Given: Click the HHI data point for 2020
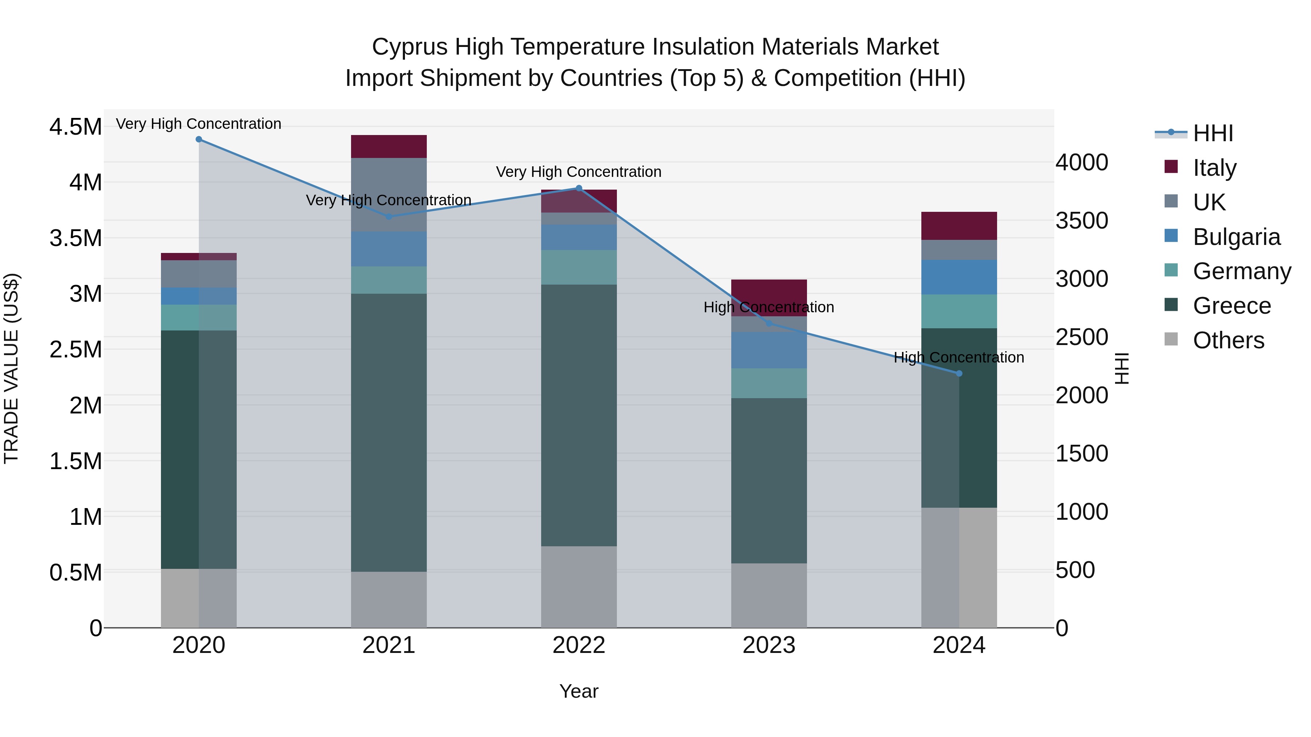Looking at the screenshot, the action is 198,139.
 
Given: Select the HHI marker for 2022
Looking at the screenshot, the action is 579,188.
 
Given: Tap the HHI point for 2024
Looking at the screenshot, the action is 959,373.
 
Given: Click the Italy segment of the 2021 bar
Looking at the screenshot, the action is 389,146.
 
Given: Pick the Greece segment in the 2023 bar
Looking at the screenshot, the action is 769,481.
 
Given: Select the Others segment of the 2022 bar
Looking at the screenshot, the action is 579,587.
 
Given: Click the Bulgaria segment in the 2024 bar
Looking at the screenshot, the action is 959,277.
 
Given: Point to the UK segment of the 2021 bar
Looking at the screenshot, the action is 389,195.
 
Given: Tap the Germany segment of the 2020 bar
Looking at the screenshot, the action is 198,318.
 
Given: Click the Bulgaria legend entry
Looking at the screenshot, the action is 1222,237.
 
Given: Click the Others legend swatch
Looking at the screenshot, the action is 1171,339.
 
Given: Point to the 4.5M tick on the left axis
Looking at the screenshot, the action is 76,127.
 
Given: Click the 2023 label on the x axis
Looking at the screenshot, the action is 769,645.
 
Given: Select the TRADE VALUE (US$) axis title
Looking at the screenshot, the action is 11,368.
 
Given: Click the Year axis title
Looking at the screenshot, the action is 579,691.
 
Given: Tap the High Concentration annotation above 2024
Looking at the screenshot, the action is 959,357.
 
